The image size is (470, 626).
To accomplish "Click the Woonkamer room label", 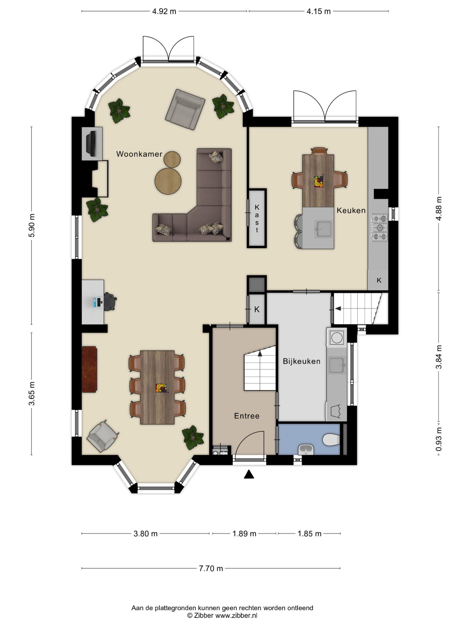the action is point(139,154).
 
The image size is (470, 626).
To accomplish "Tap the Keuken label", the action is point(351,210).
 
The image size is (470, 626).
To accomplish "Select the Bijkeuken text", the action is point(301,361).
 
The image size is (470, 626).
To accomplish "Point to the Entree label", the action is point(247,416).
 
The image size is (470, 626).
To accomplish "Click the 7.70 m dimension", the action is point(211,568).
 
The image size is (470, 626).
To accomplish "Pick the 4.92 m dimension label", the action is point(164,11).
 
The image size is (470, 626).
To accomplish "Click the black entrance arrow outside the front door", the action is point(249,474).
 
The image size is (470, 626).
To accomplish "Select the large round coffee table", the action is point(168,181).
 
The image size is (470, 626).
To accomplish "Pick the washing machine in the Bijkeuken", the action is point(337,337).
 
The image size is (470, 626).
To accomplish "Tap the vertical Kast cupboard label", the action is point(257,219).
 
